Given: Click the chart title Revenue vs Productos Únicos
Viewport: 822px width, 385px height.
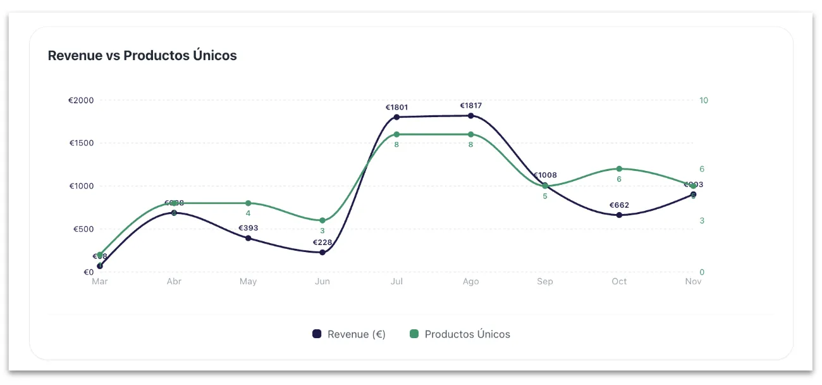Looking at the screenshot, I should pyautogui.click(x=142, y=56).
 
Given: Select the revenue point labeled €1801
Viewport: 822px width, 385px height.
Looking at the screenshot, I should pyautogui.click(x=396, y=117).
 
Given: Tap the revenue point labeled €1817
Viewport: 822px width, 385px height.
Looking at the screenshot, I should pyautogui.click(x=470, y=116).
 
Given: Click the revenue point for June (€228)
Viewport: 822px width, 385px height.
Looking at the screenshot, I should pyautogui.click(x=322, y=252).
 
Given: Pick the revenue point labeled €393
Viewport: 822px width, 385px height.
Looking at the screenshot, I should pyautogui.click(x=248, y=238).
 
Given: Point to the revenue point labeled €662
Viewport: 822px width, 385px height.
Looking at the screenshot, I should pyautogui.click(x=619, y=215).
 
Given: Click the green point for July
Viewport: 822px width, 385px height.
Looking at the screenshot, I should pyautogui.click(x=396, y=134).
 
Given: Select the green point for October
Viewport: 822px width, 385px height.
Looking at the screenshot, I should pyautogui.click(x=619, y=169).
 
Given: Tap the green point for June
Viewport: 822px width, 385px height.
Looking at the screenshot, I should pyautogui.click(x=322, y=220).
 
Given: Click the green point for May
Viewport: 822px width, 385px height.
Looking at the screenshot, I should pyautogui.click(x=248, y=203).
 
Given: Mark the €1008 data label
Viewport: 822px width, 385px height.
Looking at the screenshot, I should pyautogui.click(x=545, y=175).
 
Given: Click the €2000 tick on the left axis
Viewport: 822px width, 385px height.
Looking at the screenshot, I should pyautogui.click(x=81, y=100).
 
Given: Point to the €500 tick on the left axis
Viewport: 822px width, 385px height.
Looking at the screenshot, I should pyautogui.click(x=82, y=229).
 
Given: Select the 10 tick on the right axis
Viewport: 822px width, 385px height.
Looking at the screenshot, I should pyautogui.click(x=704, y=100).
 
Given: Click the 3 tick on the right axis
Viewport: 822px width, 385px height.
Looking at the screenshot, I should pyautogui.click(x=702, y=220).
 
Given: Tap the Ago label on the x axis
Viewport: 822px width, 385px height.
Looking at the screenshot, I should pyautogui.click(x=470, y=281).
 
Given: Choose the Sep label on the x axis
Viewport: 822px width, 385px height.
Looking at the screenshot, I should pyautogui.click(x=545, y=281).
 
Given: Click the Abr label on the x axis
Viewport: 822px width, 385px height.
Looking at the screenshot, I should pyautogui.click(x=174, y=281).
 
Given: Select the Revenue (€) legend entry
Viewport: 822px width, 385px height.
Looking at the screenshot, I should pyautogui.click(x=350, y=334).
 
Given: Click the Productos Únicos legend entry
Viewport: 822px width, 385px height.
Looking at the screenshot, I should pyautogui.click(x=460, y=334).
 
